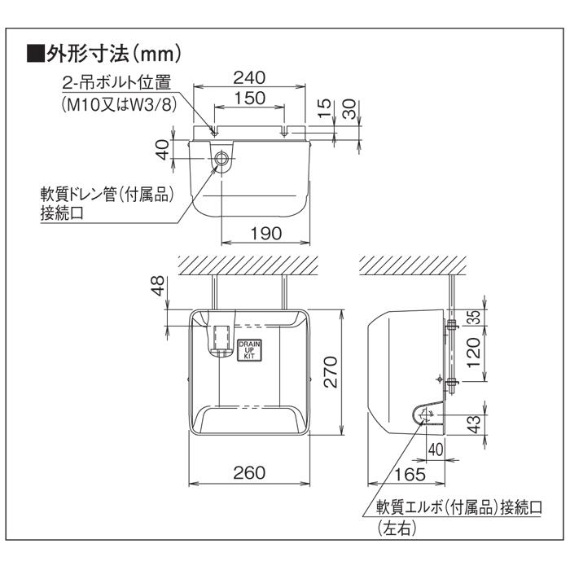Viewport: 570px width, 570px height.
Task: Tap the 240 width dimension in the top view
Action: click(249, 78)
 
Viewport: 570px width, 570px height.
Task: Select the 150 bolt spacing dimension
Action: click(249, 98)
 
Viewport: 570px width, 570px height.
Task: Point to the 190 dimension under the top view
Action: click(265, 233)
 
